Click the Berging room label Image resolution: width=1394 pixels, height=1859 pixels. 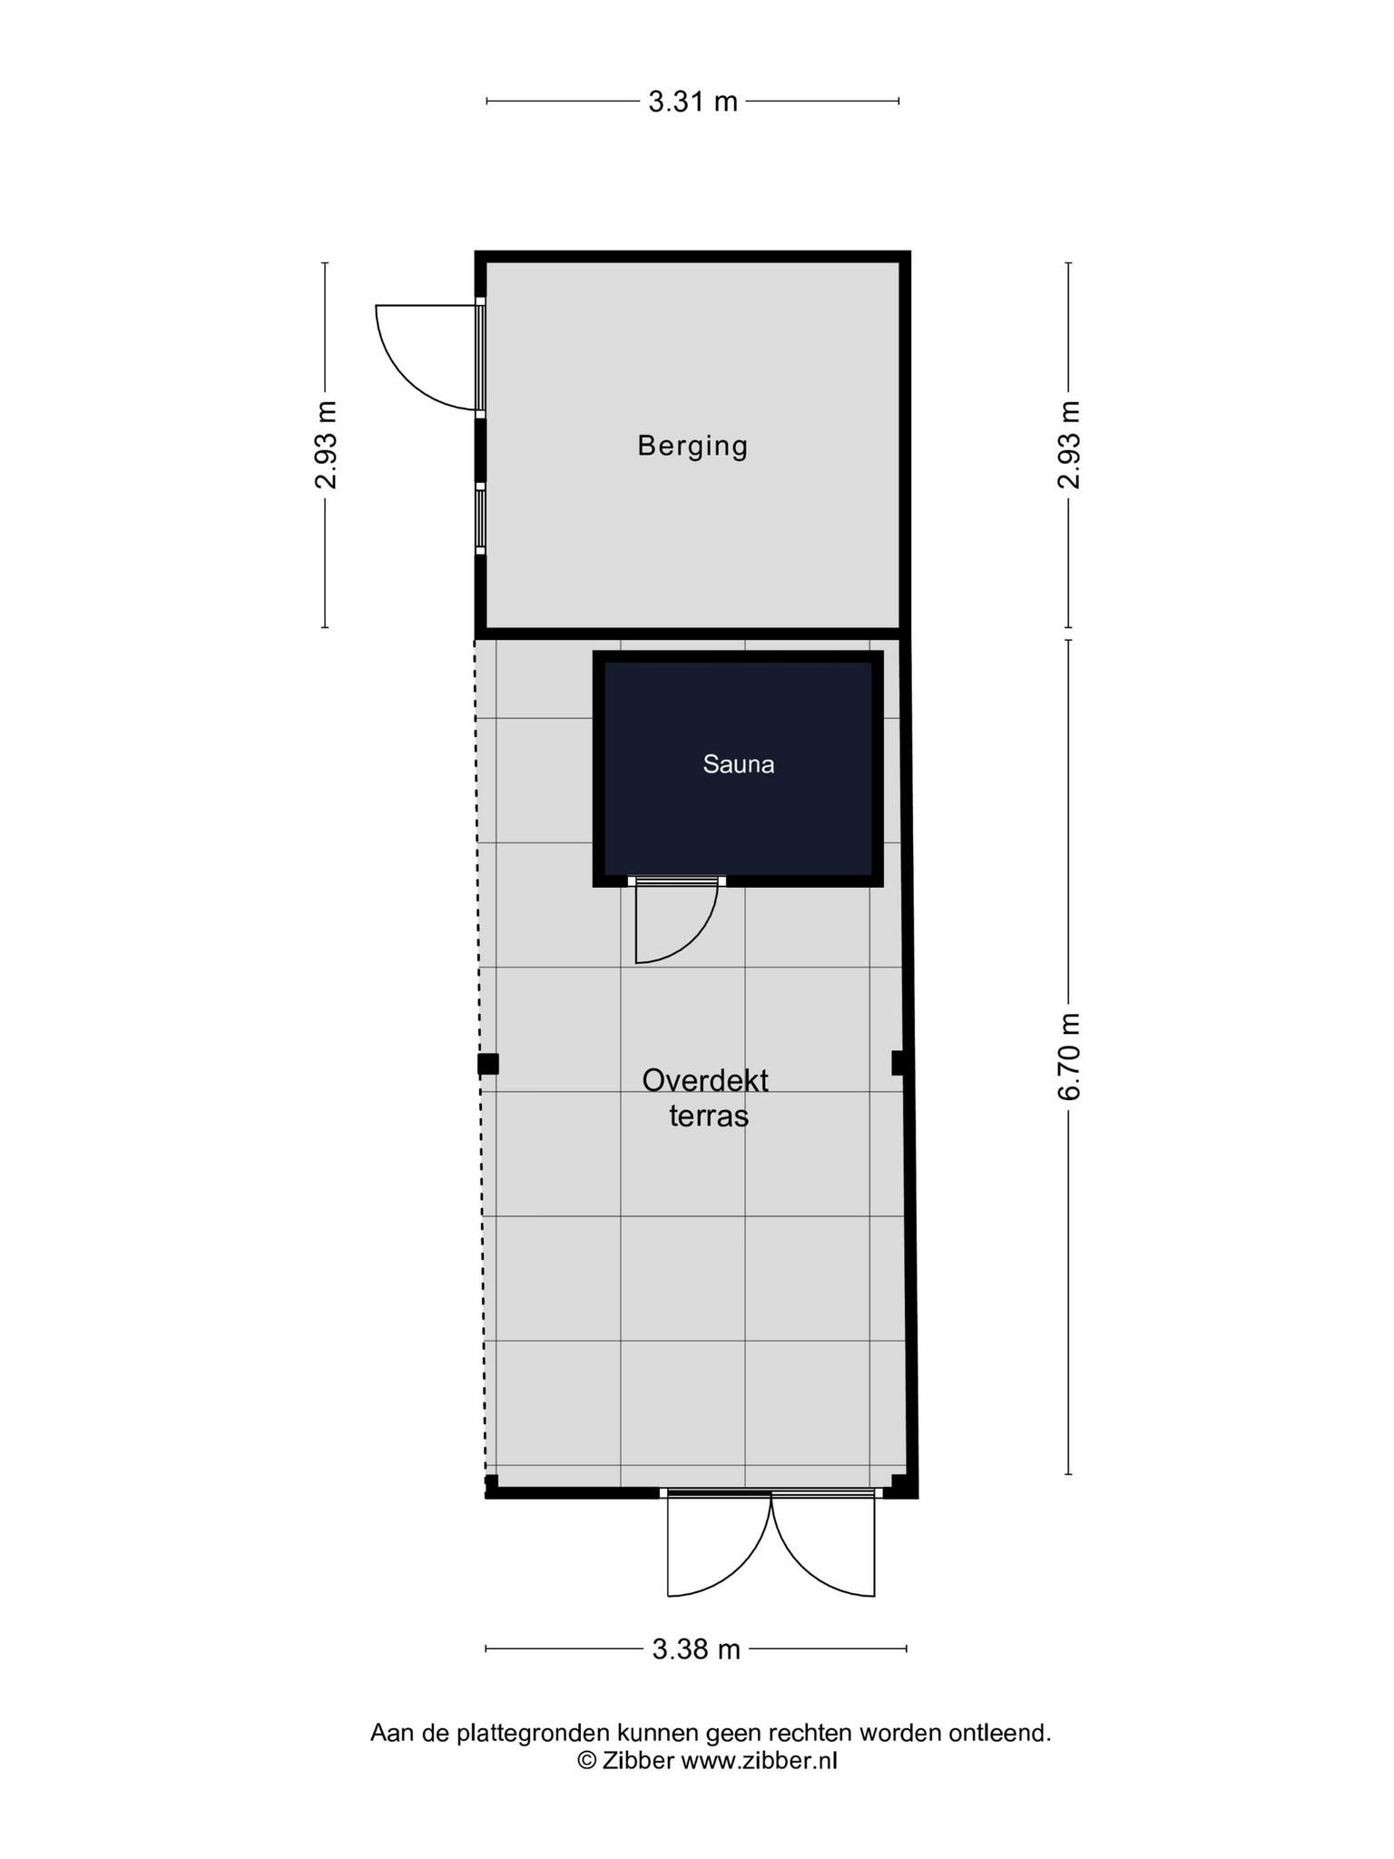pos(692,447)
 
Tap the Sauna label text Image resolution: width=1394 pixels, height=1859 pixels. pos(739,764)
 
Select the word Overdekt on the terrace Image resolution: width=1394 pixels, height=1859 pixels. pos(705,1080)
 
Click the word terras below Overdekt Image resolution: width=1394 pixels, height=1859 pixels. pos(709,1116)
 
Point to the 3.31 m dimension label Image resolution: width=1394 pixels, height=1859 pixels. pos(693,101)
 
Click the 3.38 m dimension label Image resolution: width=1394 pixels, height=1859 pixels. pos(696,1648)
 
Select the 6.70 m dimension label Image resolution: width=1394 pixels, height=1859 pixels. pos(1068,1057)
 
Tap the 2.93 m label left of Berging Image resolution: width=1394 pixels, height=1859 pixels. pos(326,445)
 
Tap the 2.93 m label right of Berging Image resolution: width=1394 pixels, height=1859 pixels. pos(1068,445)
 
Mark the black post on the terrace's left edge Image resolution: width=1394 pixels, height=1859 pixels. pos(488,1063)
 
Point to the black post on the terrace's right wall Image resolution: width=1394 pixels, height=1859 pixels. pos(898,1062)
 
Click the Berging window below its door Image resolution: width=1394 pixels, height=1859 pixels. pos(480,517)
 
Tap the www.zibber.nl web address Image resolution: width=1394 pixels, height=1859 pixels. pos(759,1761)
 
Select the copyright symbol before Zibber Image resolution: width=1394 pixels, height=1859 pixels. pos(587,1761)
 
